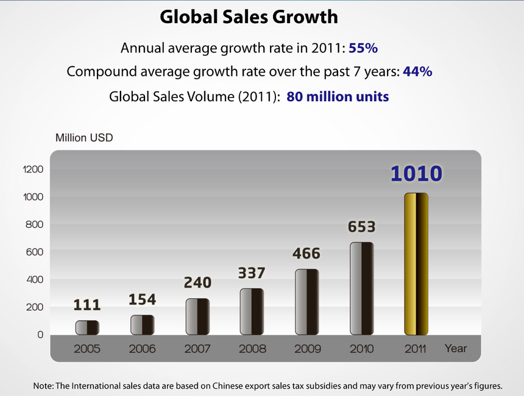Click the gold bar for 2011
point(416,264)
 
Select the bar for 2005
point(87,327)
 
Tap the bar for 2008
point(252,311)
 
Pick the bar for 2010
point(361,288)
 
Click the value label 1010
point(416,174)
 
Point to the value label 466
point(306,253)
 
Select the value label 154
point(142,299)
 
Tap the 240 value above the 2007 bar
point(197,283)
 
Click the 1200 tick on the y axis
point(33,169)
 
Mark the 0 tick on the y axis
point(40,334)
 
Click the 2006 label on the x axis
point(142,349)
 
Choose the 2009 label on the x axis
point(306,349)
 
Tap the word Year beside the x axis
point(455,348)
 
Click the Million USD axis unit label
point(84,138)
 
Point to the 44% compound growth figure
point(418,71)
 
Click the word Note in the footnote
point(43,386)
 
